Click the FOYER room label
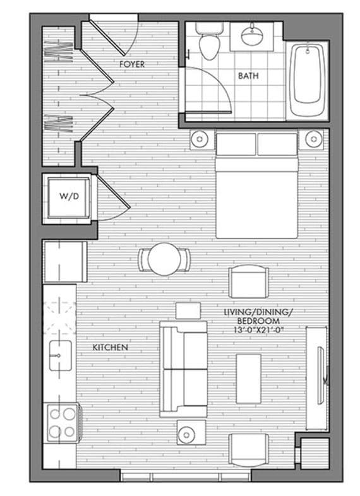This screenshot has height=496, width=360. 132,64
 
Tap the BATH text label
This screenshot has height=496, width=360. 248,76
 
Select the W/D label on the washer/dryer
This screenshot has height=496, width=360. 68,196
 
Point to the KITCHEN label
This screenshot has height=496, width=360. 111,348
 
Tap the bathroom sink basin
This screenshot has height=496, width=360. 255,36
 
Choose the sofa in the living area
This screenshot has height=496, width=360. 183,369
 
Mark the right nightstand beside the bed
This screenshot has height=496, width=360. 312,138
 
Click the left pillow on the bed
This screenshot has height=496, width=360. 236,145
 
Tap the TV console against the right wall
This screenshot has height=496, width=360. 316,378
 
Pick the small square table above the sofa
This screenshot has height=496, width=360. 188,310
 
